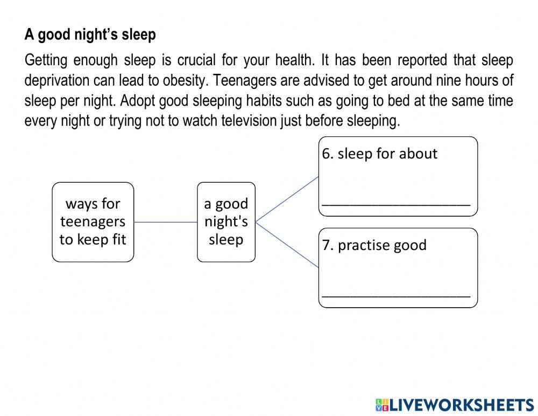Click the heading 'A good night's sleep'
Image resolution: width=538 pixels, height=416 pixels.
[90, 35]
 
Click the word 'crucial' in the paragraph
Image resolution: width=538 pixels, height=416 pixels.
[196, 60]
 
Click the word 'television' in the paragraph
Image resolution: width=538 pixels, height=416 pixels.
[249, 121]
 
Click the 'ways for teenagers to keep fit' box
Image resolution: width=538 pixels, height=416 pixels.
[93, 222]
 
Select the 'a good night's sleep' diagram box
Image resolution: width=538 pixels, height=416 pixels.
[226, 222]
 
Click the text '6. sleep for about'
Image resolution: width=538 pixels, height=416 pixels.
[379, 154]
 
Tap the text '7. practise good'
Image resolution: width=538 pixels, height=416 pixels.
[374, 246]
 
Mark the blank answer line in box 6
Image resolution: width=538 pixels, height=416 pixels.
[396, 205]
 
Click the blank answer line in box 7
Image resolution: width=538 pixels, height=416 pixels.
[396, 296]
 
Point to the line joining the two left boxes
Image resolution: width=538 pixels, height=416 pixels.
[165, 222]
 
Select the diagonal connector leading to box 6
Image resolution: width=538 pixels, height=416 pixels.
[287, 199]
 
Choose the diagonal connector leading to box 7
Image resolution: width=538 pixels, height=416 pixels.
[287, 245]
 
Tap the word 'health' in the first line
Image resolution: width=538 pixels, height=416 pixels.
[294, 60]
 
